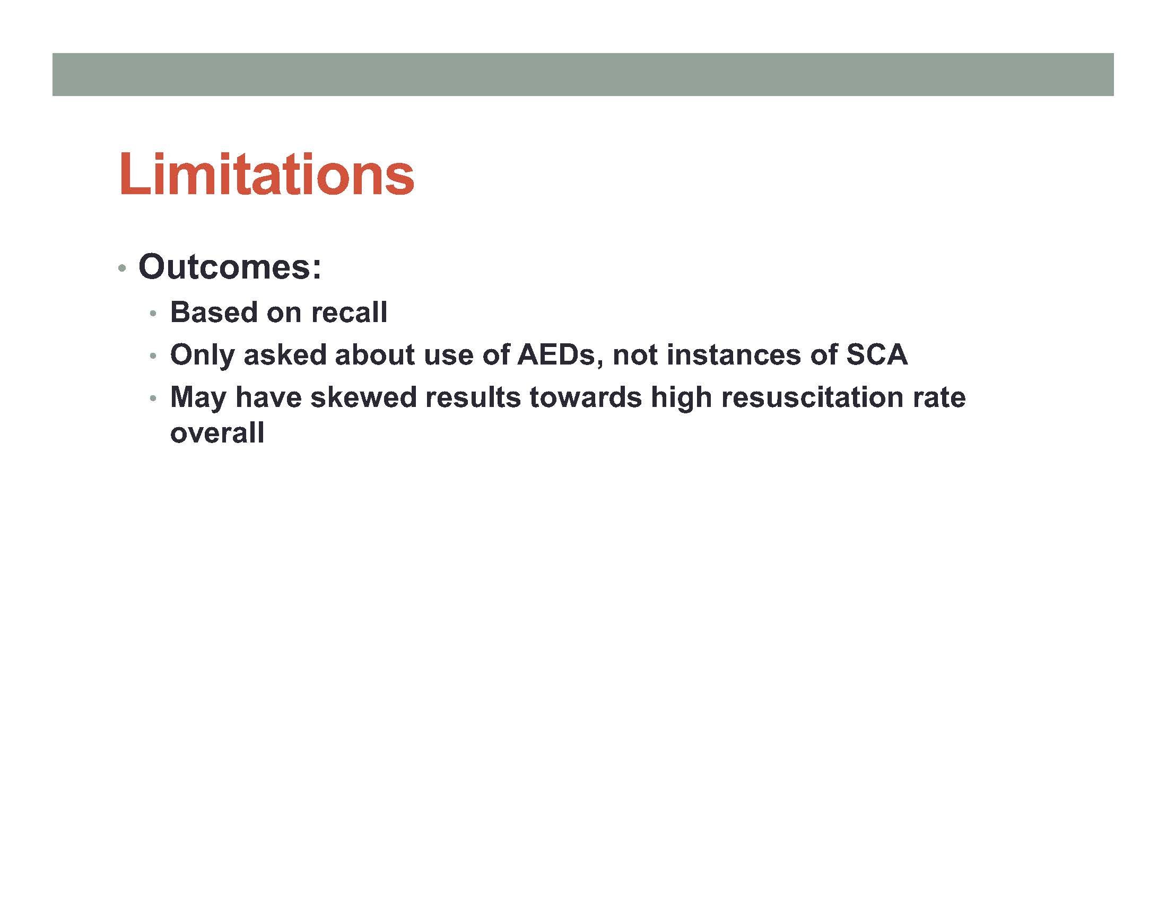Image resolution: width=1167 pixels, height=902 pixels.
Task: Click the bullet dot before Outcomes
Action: click(x=123, y=268)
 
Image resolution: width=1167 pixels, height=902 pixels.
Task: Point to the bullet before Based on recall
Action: click(x=153, y=314)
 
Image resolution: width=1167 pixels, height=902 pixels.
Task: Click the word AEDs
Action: click(x=556, y=355)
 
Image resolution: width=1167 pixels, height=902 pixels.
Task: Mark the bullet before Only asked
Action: click(x=153, y=356)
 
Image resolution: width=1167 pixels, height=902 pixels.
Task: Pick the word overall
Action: click(x=217, y=432)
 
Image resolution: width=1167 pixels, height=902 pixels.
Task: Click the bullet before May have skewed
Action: click(x=153, y=398)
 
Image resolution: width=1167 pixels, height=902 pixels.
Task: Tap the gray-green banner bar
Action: click(x=583, y=74)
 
